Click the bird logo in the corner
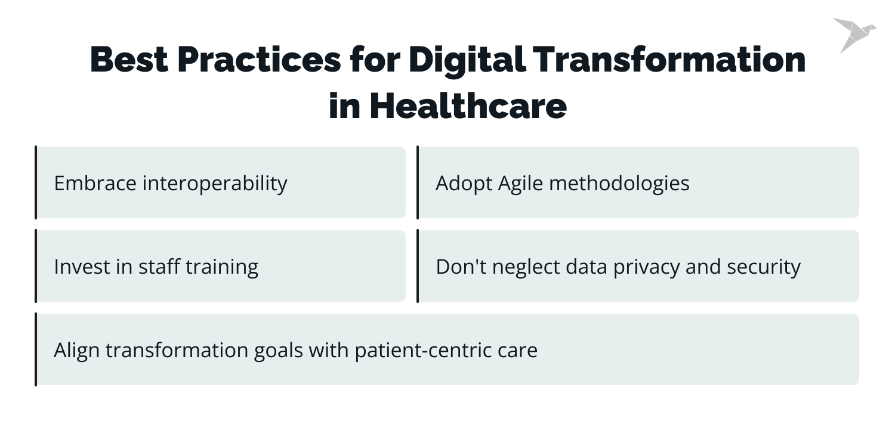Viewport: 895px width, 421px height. point(853,33)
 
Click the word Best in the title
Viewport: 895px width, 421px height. point(128,60)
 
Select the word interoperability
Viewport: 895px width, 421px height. point(214,183)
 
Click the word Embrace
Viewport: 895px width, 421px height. point(95,183)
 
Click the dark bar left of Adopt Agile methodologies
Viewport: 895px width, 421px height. point(418,182)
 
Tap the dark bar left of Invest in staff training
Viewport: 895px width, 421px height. point(36,266)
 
